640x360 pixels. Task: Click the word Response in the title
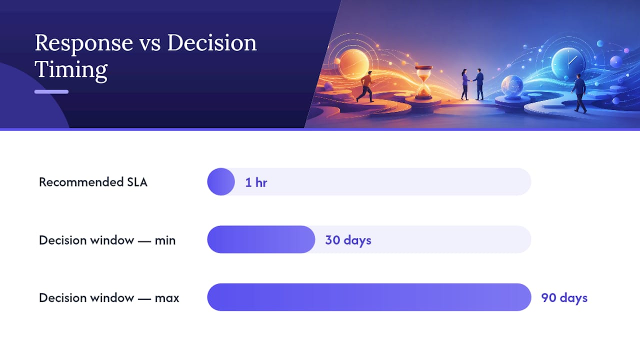(84, 43)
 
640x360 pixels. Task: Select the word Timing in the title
(71, 69)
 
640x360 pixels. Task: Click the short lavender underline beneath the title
(51, 91)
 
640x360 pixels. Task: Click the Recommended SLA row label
(93, 182)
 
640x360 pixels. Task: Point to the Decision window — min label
(107, 240)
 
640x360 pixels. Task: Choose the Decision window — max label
(109, 297)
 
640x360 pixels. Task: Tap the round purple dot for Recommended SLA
(221, 181)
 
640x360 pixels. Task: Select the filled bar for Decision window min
(261, 239)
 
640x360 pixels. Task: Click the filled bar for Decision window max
(369, 297)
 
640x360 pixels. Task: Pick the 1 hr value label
(256, 182)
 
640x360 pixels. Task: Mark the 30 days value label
(348, 240)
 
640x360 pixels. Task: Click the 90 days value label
(564, 297)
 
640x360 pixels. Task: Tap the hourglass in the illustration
(423, 82)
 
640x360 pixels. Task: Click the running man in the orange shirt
(365, 86)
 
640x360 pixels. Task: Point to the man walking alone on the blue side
(579, 93)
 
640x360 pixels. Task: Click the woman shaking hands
(465, 84)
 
